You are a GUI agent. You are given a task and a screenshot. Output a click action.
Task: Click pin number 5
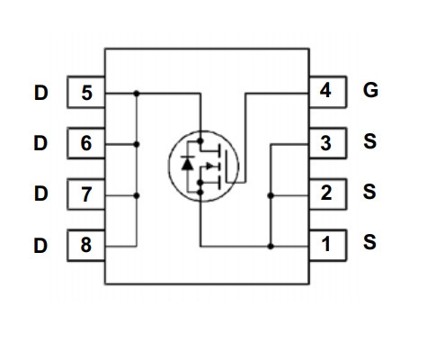(86, 93)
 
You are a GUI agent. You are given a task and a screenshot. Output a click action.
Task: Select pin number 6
(86, 143)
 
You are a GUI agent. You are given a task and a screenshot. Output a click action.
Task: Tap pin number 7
(86, 194)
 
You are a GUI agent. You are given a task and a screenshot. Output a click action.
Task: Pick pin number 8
(86, 245)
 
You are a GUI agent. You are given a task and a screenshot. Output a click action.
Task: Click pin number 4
(325, 90)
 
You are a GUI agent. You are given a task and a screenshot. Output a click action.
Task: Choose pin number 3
(325, 143)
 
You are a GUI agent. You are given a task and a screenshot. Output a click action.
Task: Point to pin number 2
(326, 193)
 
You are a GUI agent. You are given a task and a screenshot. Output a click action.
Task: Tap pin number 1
(325, 244)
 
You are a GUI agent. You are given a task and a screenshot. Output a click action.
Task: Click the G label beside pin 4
(370, 90)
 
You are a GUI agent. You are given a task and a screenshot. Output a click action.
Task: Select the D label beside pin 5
(41, 93)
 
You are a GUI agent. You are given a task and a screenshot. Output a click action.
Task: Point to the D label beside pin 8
(40, 246)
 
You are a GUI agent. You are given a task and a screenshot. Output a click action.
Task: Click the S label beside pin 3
(369, 141)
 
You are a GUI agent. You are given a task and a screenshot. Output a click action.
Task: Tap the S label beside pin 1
(369, 242)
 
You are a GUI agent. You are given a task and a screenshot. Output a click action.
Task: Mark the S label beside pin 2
(369, 192)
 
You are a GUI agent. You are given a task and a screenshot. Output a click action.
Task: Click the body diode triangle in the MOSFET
(188, 164)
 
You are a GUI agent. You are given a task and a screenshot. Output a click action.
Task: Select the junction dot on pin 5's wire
(137, 94)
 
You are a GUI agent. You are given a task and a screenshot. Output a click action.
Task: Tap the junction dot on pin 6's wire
(137, 144)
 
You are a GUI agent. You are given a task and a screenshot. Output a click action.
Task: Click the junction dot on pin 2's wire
(271, 195)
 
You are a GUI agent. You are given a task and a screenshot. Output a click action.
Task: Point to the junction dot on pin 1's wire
(271, 247)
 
